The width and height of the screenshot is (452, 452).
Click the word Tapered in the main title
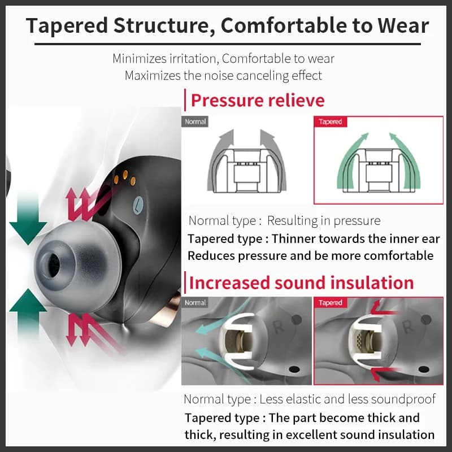click(x=67, y=26)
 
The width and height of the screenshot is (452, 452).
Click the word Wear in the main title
click(x=403, y=25)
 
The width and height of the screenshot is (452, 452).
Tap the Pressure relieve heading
click(x=258, y=101)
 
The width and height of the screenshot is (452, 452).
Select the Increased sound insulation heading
click(x=302, y=282)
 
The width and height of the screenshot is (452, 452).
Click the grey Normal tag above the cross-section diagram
click(x=195, y=121)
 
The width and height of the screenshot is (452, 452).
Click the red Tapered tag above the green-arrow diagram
click(x=331, y=121)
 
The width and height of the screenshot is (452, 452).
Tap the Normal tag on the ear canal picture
click(x=195, y=303)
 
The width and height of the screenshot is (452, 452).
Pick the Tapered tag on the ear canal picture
click(x=331, y=303)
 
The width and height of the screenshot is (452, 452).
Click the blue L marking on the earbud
click(x=138, y=205)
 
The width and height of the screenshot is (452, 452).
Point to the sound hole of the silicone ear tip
click(x=53, y=264)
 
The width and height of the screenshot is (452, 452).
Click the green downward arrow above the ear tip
click(x=28, y=219)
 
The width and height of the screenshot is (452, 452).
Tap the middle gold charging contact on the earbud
click(x=125, y=175)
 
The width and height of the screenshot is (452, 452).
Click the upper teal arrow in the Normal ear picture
click(x=222, y=316)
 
